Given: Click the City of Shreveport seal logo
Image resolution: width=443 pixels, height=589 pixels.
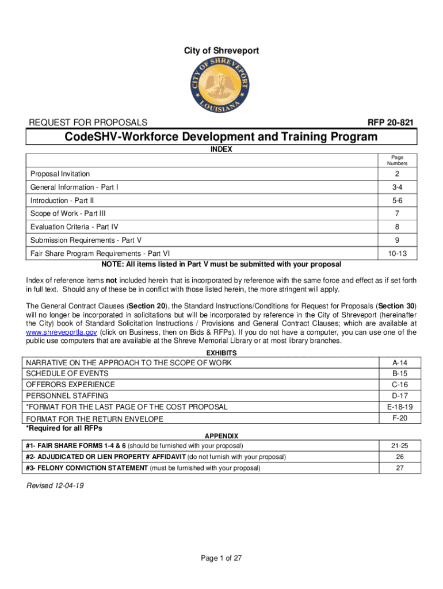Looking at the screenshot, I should [x=221, y=87].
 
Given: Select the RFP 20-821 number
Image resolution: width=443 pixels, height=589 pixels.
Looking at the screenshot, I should [x=389, y=122].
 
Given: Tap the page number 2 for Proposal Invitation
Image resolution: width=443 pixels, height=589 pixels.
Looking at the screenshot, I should [x=397, y=174].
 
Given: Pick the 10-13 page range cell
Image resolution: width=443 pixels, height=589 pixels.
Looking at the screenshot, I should [x=397, y=253].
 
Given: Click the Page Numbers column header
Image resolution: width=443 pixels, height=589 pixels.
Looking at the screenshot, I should [x=397, y=160].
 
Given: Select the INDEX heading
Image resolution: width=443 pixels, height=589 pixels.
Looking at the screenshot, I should [x=221, y=148].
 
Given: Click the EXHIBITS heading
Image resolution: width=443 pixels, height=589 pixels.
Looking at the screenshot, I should [x=221, y=353].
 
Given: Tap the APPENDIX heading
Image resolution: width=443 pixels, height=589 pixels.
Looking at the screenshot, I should [x=221, y=436].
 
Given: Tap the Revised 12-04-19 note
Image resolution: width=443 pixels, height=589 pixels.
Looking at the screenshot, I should [x=55, y=486].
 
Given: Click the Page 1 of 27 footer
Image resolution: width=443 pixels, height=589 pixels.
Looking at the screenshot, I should [x=221, y=557].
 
